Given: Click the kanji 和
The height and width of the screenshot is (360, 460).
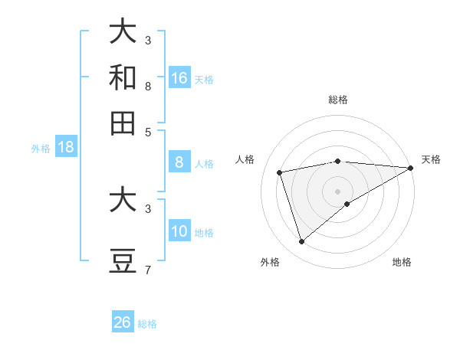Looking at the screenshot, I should [x=123, y=78].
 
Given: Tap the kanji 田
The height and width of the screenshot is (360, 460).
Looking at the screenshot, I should [x=123, y=123].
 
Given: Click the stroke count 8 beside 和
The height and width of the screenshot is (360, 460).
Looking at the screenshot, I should [x=147, y=87].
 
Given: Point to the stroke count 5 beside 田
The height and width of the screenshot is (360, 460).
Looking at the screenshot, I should [x=147, y=131].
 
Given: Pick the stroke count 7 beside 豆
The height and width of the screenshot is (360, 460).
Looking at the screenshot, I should [x=147, y=270].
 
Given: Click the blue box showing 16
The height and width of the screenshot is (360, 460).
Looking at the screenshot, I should [x=179, y=78].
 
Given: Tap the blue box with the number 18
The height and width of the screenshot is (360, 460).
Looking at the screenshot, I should [x=66, y=148].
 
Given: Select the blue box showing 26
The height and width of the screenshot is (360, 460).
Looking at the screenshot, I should [x=123, y=322].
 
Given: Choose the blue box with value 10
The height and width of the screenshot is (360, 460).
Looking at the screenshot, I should [x=179, y=231].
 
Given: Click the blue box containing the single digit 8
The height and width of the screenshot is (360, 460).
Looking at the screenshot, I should [x=179, y=162].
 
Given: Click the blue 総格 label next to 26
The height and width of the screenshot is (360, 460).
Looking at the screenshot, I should [x=147, y=324].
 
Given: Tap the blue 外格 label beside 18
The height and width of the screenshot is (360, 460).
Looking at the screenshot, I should [x=41, y=149].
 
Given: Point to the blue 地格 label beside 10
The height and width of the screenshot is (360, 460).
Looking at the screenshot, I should [x=204, y=233].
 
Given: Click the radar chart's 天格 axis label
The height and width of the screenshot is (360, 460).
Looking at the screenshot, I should [x=431, y=159].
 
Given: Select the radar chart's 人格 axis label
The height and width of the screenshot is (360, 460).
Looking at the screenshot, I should [x=245, y=159].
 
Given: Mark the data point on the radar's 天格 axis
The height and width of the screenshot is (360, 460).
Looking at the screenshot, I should [x=411, y=168].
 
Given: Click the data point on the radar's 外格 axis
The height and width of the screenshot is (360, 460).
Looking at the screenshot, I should [x=301, y=241].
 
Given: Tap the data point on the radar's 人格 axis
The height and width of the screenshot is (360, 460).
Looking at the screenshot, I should [x=280, y=172].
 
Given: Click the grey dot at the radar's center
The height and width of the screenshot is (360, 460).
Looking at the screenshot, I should [x=338, y=191].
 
